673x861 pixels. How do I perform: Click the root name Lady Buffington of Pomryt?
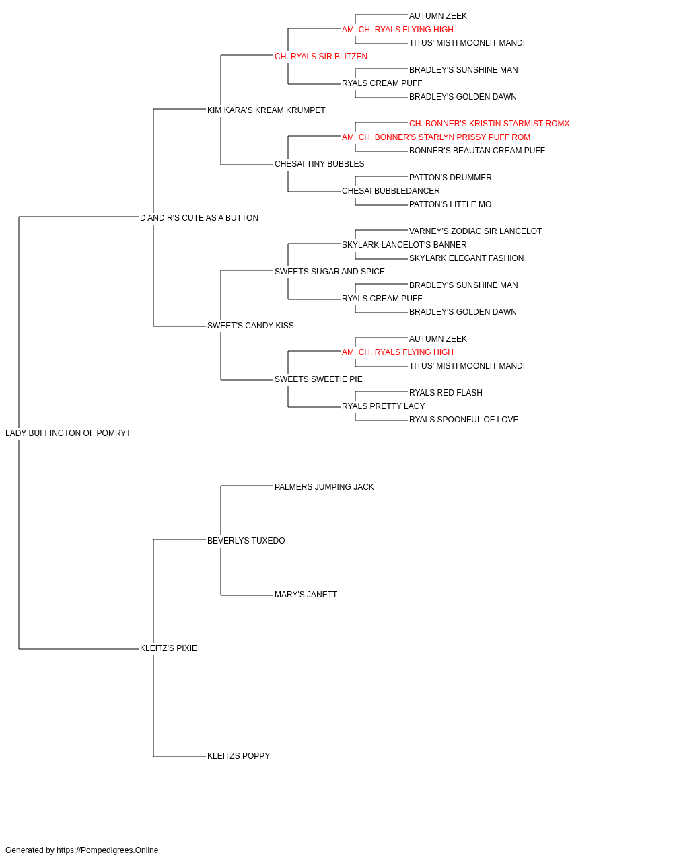(x=68, y=433)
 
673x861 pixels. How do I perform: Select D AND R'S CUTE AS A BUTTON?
(x=199, y=218)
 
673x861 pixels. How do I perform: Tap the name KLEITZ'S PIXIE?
(x=168, y=648)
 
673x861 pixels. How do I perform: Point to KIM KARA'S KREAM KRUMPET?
(x=266, y=110)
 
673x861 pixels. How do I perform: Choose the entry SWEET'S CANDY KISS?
(x=250, y=326)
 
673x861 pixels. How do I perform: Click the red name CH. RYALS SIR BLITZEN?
(x=321, y=57)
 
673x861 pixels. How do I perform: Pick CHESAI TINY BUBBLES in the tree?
(x=320, y=164)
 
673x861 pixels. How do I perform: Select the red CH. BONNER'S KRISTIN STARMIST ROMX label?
(x=489, y=124)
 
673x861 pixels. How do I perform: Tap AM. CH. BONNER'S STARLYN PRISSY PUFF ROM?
(x=436, y=137)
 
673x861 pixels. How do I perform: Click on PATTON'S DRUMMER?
(x=450, y=178)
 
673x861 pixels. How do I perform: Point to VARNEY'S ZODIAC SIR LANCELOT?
(x=475, y=231)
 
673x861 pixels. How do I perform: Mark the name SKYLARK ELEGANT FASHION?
(x=466, y=258)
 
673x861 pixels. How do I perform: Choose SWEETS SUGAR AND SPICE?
(x=330, y=272)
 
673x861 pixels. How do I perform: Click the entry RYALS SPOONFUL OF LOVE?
(x=464, y=420)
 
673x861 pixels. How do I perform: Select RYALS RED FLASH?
(x=446, y=393)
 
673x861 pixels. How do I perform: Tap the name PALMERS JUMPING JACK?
(x=324, y=487)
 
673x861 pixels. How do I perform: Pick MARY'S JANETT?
(x=306, y=595)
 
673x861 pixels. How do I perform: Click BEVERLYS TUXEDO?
(x=246, y=541)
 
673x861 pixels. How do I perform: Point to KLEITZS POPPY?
(x=239, y=756)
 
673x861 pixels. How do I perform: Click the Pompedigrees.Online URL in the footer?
(x=108, y=850)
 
